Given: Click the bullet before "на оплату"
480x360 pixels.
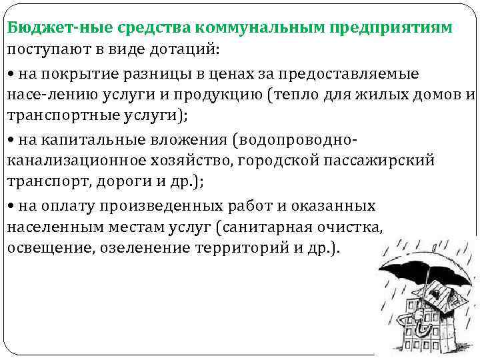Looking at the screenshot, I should click(x=11, y=205).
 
